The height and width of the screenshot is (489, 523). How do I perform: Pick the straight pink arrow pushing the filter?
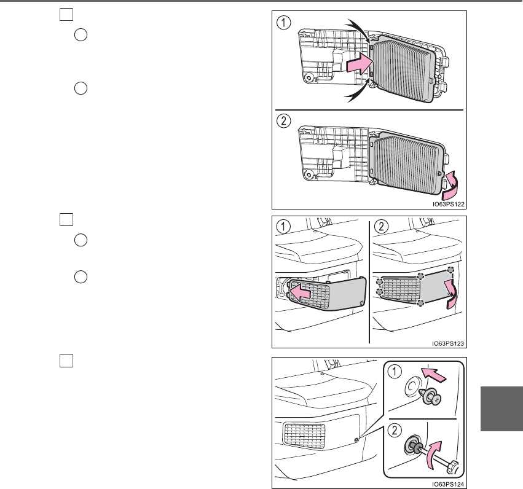(x=358, y=62)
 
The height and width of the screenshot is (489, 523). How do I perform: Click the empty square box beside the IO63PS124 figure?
(x=66, y=361)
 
